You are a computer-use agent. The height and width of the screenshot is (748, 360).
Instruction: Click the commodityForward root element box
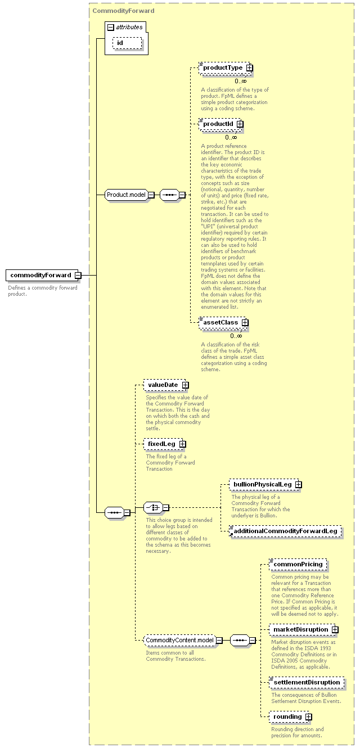coord(42,275)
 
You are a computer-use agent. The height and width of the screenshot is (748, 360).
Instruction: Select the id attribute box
coord(127,43)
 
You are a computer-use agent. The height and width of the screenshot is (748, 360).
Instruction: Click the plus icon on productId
coord(240,124)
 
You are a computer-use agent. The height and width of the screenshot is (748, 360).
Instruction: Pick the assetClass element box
coord(222,323)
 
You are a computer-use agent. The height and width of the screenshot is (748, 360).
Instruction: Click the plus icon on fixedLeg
coord(182,444)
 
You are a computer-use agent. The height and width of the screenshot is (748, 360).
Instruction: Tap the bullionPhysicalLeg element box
coord(263,485)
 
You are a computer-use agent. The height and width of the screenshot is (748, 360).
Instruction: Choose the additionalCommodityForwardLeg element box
coord(286,531)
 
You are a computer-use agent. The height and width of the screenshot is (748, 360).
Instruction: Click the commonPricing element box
coord(298,564)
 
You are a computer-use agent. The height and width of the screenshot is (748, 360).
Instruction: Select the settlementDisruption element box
coord(307,682)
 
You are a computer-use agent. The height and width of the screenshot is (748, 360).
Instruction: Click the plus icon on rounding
coord(309,717)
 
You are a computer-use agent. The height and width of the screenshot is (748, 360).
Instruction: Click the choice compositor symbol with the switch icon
coord(154,507)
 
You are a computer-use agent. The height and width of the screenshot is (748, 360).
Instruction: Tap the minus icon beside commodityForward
coord(78,276)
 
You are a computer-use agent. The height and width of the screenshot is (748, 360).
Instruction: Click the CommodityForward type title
coord(124,11)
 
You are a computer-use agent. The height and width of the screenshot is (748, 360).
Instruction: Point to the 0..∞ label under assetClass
coord(236,336)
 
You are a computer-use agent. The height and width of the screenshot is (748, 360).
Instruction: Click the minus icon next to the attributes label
coord(111,28)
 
